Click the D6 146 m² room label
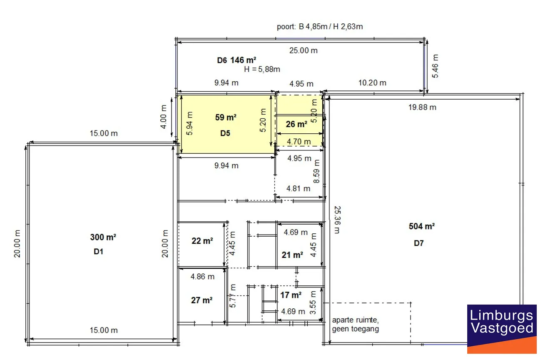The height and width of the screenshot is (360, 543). point(237,60)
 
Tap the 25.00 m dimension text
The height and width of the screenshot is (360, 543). point(303,50)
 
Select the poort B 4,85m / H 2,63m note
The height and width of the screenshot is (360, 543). point(320,26)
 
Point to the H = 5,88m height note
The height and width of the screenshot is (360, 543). point(262,70)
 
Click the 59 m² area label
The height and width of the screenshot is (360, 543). point(226,117)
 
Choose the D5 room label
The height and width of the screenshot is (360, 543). point(225,133)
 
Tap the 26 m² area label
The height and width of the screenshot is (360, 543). point(296,124)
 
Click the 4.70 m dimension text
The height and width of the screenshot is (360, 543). point(299,141)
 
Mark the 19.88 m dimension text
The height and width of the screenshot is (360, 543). point(422,107)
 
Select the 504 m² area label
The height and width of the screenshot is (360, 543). point(421,226)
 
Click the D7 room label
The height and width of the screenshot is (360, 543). point(418,243)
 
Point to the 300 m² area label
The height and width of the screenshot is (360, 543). point(103,237)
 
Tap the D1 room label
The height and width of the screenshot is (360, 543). point(98,252)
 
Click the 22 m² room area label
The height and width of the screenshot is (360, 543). point(202,241)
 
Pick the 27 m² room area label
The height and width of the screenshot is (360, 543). point(202,300)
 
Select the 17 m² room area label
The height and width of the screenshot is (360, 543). point(291,295)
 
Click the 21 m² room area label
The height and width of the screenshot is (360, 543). point(292,255)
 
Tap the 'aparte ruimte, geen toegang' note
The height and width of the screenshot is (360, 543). point(355,324)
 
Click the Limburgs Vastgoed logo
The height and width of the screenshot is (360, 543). point(502,329)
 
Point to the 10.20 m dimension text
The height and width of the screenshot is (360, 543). point(372,83)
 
